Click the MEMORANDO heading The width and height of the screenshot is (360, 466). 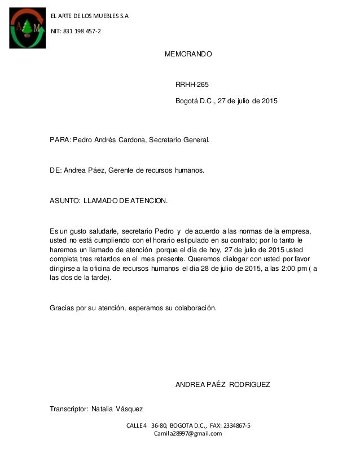click(x=188, y=55)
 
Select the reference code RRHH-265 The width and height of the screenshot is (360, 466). click(x=192, y=85)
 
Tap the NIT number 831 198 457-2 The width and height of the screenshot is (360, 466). click(x=77, y=30)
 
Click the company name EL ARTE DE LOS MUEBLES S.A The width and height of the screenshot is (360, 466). click(x=90, y=16)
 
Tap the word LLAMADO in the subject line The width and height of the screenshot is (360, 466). click(x=100, y=200)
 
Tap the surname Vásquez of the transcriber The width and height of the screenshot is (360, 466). click(x=129, y=408)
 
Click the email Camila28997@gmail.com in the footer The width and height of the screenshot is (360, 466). click(x=188, y=433)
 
